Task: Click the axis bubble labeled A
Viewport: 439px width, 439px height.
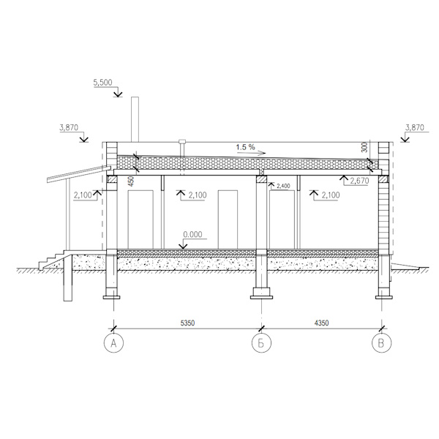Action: click(x=113, y=343)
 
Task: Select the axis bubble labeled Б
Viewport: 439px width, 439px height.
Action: click(x=261, y=343)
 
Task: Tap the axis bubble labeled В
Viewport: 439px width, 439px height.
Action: click(x=382, y=343)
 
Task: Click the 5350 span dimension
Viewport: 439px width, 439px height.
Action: click(x=187, y=323)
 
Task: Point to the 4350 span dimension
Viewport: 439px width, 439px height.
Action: click(x=321, y=323)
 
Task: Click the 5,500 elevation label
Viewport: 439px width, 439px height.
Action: click(x=102, y=82)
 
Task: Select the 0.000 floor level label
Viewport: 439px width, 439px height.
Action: click(x=192, y=234)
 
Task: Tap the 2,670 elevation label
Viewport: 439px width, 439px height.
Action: click(x=359, y=181)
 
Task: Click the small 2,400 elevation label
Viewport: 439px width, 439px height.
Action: click(x=283, y=186)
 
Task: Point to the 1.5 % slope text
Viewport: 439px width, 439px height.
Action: click(x=246, y=147)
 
